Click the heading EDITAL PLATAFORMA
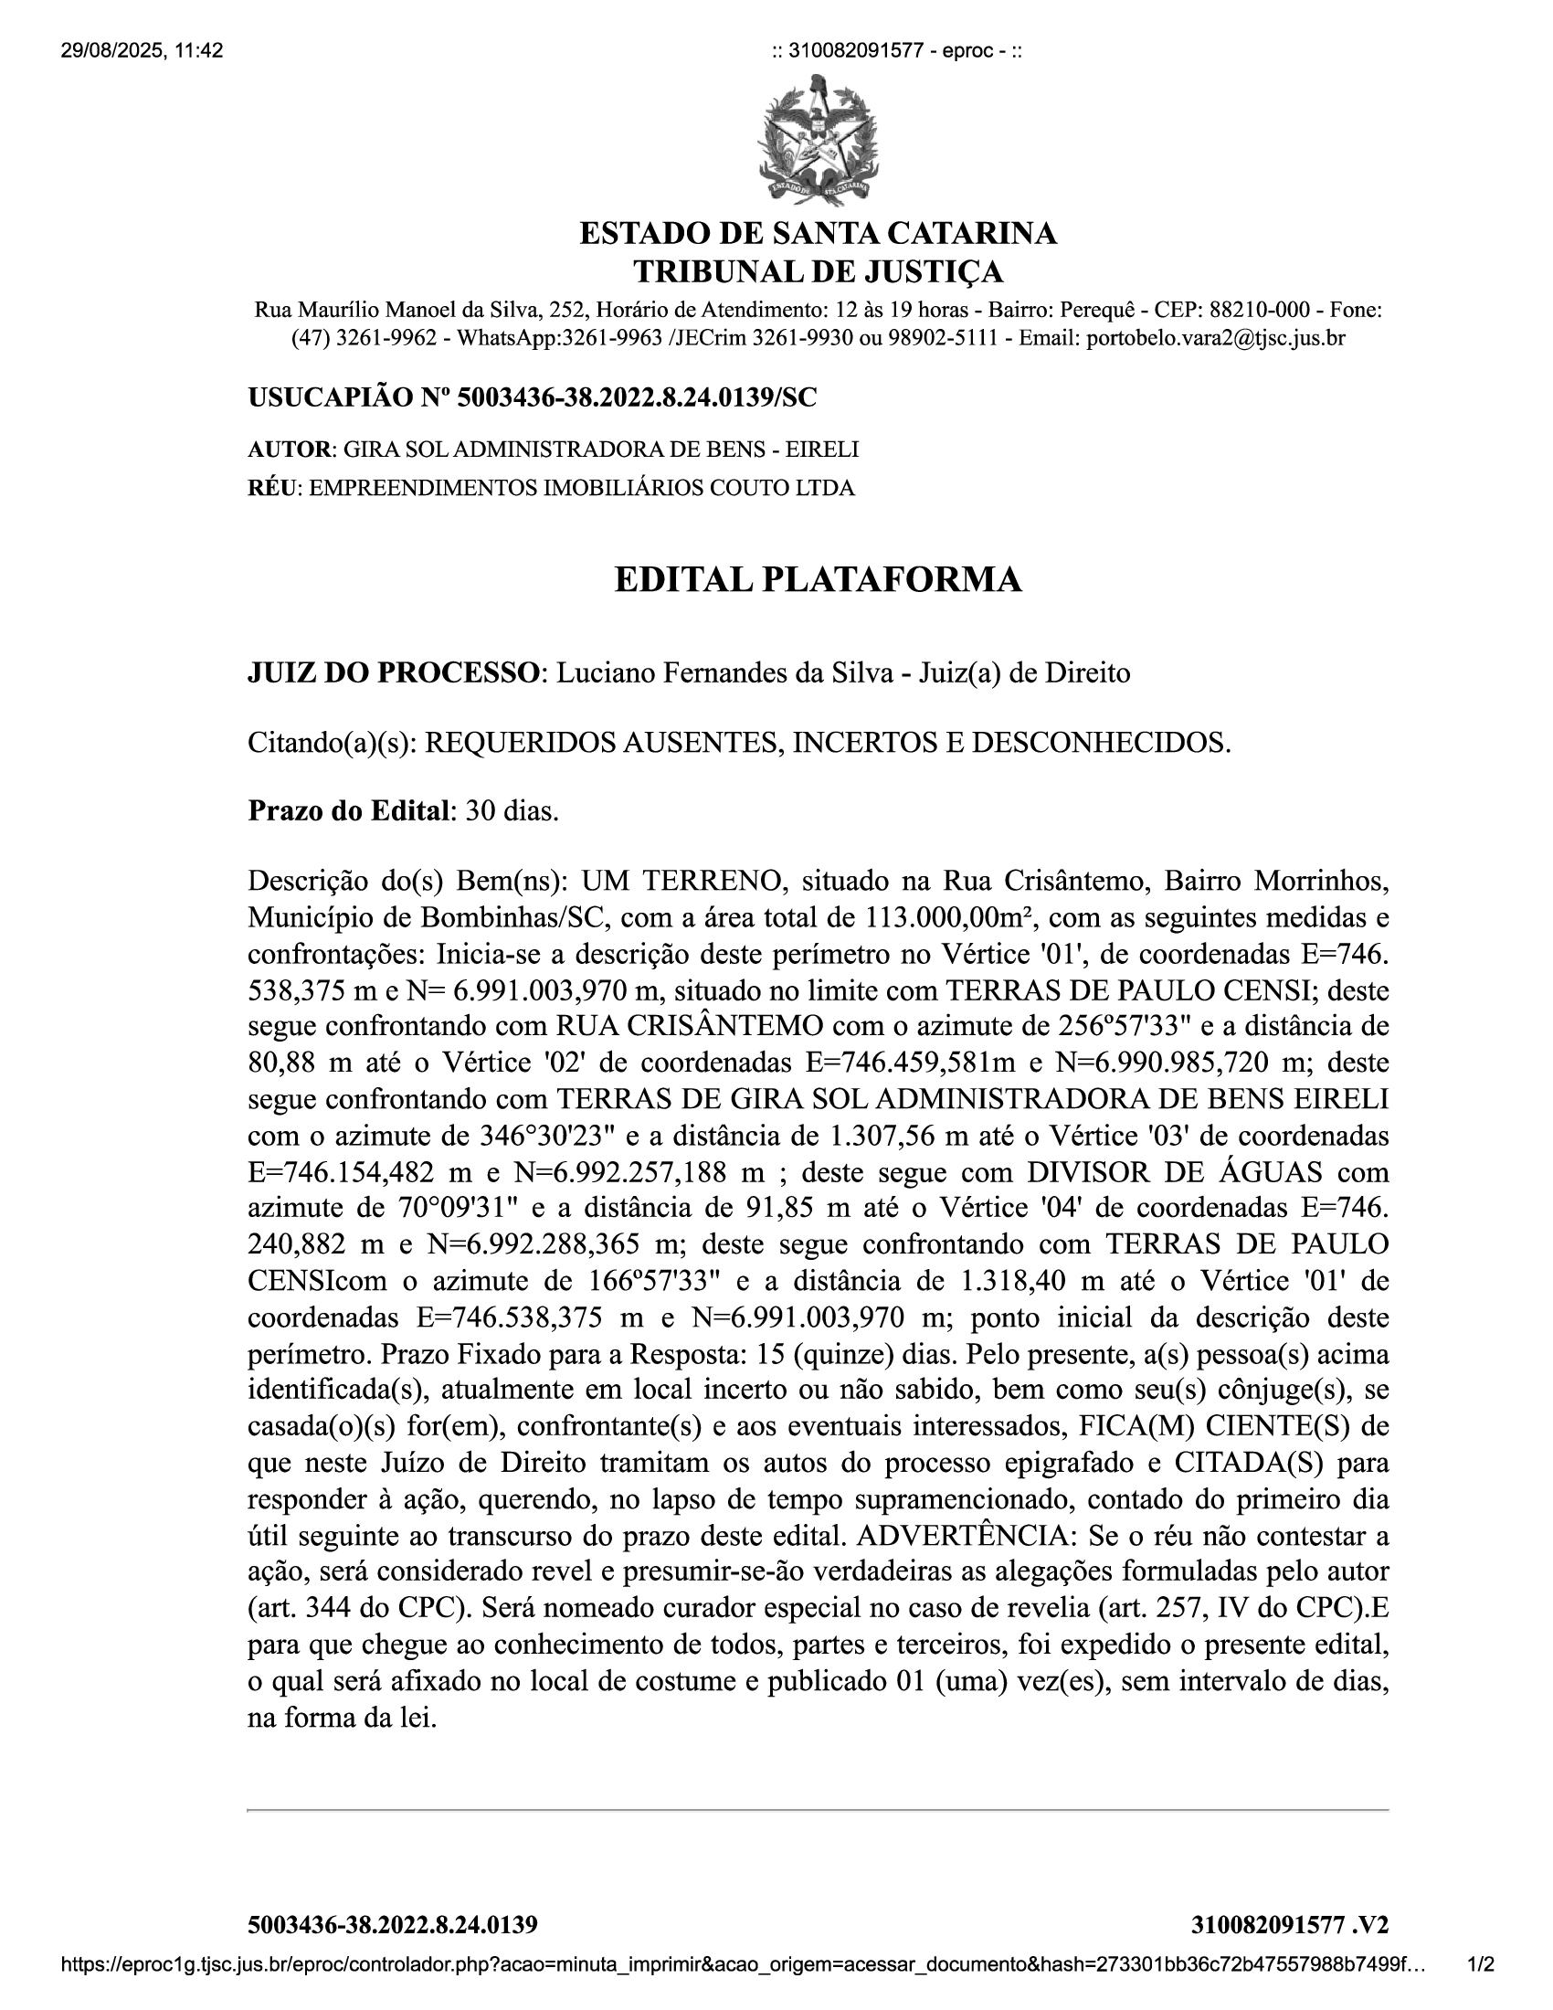click(x=817, y=580)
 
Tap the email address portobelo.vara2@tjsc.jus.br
click(x=1214, y=338)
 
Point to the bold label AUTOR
click(x=289, y=450)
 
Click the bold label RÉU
click(x=272, y=488)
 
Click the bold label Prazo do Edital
click(x=350, y=810)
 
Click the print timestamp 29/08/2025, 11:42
click(x=142, y=50)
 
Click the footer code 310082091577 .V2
click(x=1289, y=1951)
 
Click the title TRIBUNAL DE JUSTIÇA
click(x=817, y=272)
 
